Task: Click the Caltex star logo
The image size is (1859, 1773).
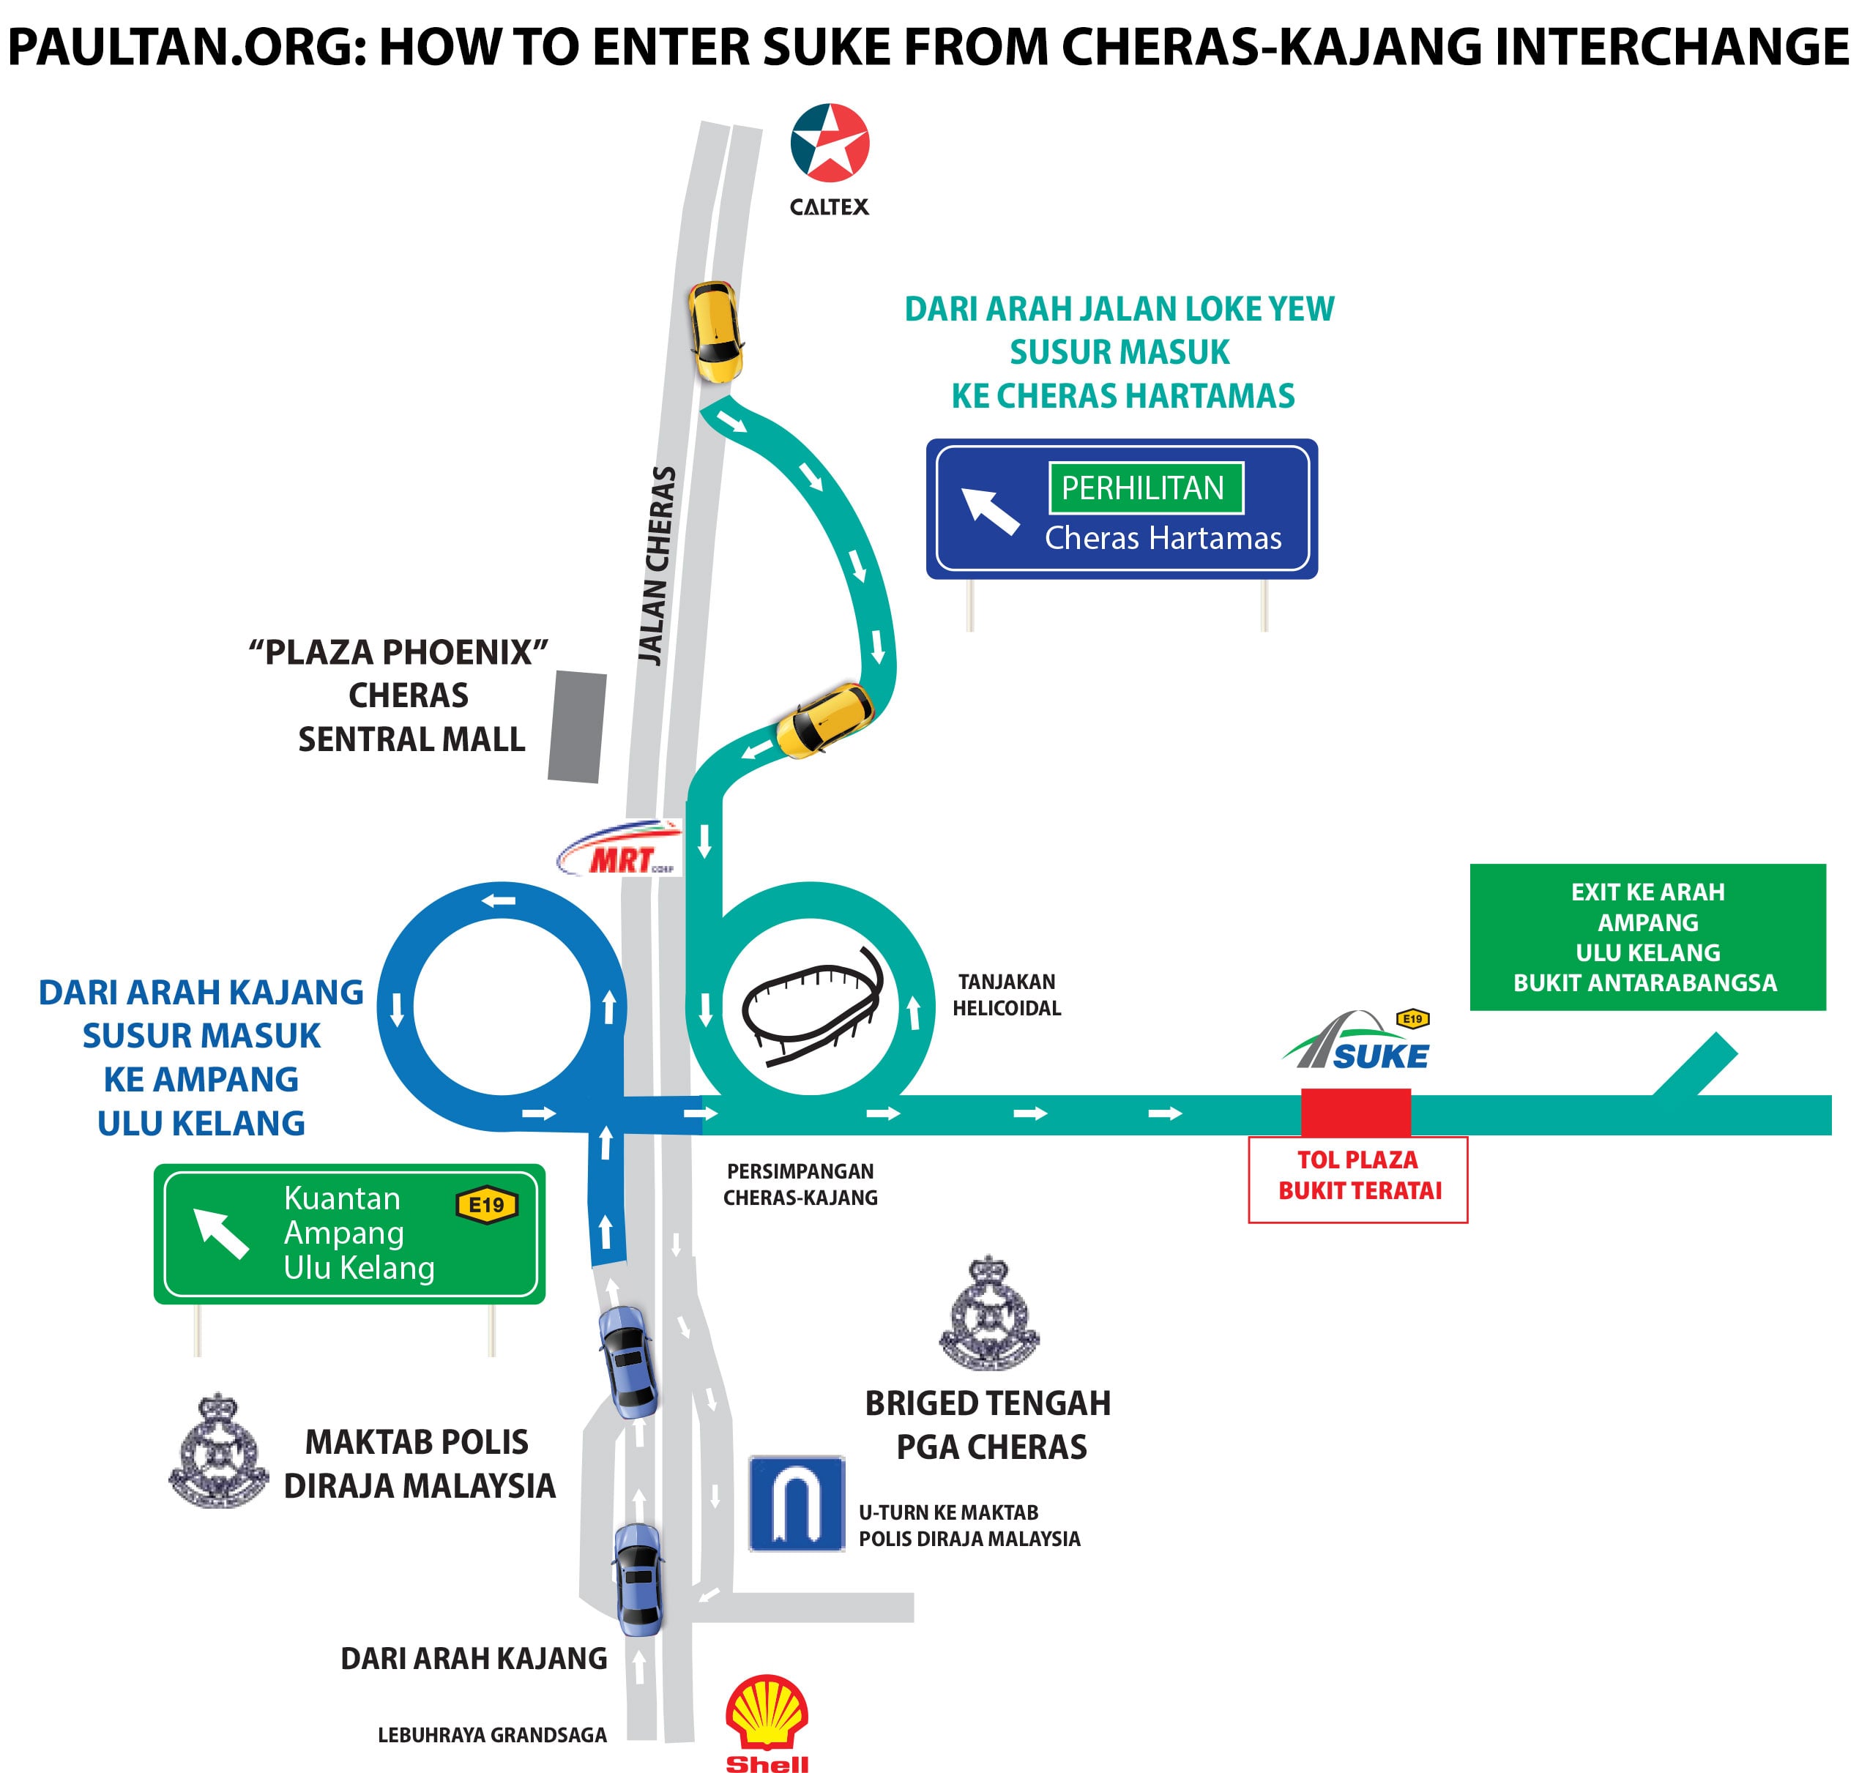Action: coord(829,143)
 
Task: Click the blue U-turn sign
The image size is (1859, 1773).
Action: coord(796,1504)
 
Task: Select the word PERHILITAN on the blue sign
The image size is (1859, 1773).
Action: coord(1144,488)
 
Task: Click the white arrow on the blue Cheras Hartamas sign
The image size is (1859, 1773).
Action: coord(988,510)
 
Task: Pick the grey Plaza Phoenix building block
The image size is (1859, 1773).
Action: coord(576,727)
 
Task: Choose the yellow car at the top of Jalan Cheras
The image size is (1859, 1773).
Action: coord(714,331)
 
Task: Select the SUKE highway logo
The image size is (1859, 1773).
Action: coord(1357,1042)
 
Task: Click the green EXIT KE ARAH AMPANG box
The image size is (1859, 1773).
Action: coord(1647,936)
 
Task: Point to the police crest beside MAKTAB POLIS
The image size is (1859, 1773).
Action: coord(218,1452)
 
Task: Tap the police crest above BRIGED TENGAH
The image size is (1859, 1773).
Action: coord(988,1315)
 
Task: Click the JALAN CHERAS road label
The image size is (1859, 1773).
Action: coord(657,566)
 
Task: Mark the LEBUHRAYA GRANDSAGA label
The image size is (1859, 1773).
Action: coord(491,1734)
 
